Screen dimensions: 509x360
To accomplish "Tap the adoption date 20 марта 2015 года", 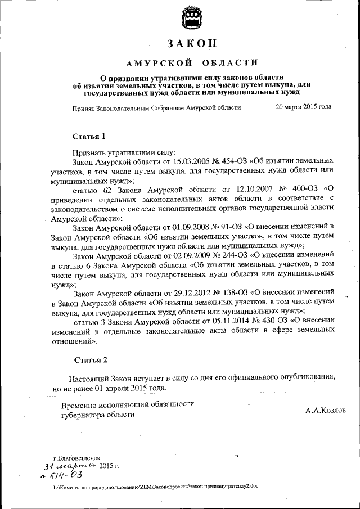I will tap(303, 107).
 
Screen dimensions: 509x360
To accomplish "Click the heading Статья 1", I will tap(89, 137).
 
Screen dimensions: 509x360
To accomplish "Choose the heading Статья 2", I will tap(91, 359).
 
